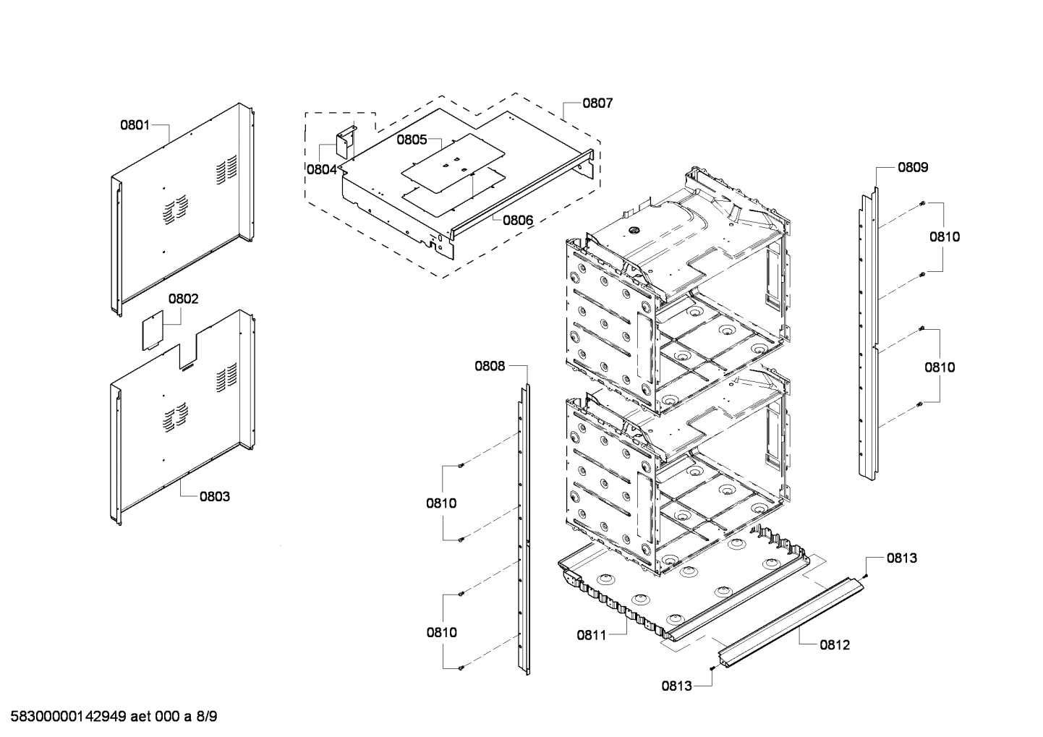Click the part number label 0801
(135, 125)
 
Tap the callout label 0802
(183, 299)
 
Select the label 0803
(215, 496)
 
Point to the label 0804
(321, 169)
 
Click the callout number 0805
(412, 140)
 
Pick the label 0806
(518, 220)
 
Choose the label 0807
(597, 103)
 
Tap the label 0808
(490, 366)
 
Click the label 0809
(913, 167)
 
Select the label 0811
(592, 636)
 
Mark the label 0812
(835, 644)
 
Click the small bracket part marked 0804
(345, 142)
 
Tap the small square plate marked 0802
(153, 331)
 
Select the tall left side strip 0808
(524, 528)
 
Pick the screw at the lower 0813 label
(713, 669)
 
